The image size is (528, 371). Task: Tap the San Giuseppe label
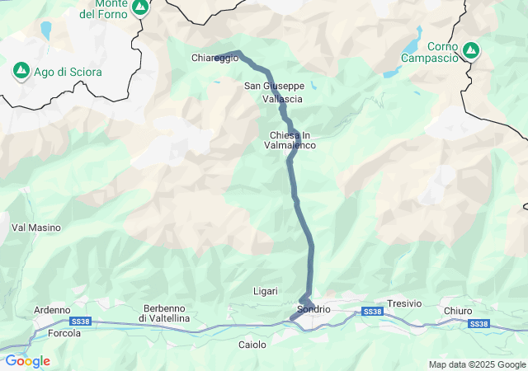(x=274, y=86)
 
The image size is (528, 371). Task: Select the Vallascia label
(x=282, y=99)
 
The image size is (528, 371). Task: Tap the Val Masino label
(x=31, y=227)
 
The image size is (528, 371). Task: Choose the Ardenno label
(x=51, y=310)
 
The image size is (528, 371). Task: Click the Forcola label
(x=64, y=333)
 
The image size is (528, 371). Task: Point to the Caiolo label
(x=252, y=345)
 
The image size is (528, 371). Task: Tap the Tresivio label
(x=404, y=303)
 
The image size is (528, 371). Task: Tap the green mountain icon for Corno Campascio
(x=470, y=50)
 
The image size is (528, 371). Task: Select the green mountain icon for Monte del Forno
(x=140, y=7)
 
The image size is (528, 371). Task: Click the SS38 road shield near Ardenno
(x=80, y=321)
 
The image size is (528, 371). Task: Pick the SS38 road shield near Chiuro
(x=478, y=324)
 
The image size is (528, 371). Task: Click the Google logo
(x=27, y=361)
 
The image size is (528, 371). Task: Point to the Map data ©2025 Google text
(x=476, y=364)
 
